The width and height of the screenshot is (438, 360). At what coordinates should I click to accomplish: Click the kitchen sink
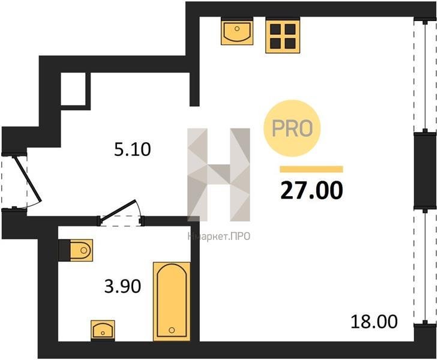tap(237, 31)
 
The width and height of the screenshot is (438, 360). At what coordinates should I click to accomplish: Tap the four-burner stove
tap(283, 35)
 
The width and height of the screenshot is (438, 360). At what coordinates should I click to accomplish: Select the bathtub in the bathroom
tap(172, 301)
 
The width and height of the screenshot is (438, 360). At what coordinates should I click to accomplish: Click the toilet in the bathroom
tap(76, 250)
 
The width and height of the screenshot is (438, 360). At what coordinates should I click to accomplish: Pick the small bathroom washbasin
tap(103, 331)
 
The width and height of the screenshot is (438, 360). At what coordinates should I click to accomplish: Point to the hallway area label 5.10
tap(133, 149)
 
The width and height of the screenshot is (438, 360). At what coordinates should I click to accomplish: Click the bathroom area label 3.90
tap(122, 286)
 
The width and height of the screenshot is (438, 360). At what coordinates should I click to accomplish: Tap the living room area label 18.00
tap(374, 321)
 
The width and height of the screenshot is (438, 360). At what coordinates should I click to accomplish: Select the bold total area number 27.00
tap(311, 190)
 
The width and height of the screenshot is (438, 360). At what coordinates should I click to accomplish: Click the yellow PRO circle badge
tap(292, 128)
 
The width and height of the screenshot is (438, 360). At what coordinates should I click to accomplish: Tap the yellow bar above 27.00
tap(311, 169)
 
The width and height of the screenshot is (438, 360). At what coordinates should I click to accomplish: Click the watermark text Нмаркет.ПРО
tap(219, 236)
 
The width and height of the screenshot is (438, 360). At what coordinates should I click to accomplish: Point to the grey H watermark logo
tap(219, 175)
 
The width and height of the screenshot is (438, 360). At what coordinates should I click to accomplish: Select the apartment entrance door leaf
tap(27, 179)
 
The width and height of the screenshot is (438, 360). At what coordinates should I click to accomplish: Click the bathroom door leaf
tap(118, 209)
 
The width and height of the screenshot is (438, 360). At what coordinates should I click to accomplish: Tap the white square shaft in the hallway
tap(73, 89)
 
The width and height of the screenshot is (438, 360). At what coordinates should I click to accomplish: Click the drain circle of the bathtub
tap(172, 330)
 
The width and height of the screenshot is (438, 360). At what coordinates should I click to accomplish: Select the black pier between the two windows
tap(425, 170)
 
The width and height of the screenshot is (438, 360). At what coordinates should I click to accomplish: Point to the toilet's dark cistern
tap(64, 250)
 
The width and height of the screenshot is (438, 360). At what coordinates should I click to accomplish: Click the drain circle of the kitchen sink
tap(237, 28)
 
